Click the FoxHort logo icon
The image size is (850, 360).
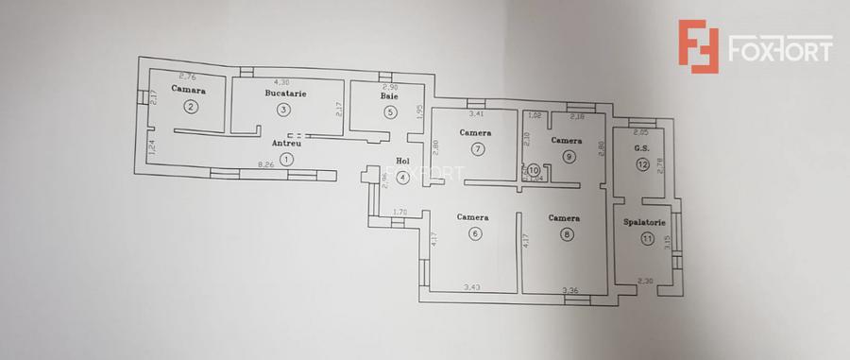(698, 46)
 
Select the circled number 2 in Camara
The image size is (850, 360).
(191, 107)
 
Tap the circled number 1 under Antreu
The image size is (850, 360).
(286, 160)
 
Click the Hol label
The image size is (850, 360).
(403, 161)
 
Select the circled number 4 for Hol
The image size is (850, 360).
(402, 177)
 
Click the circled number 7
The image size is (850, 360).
(478, 148)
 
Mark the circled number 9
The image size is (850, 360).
(569, 157)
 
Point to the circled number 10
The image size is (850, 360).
(534, 169)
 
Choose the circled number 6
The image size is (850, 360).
(474, 234)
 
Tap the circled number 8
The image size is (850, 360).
(566, 234)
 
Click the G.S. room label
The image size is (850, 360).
(641, 147)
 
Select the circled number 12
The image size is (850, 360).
(642, 164)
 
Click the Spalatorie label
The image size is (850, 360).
(646, 222)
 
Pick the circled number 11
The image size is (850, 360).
(646, 239)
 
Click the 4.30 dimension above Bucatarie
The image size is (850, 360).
(280, 82)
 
